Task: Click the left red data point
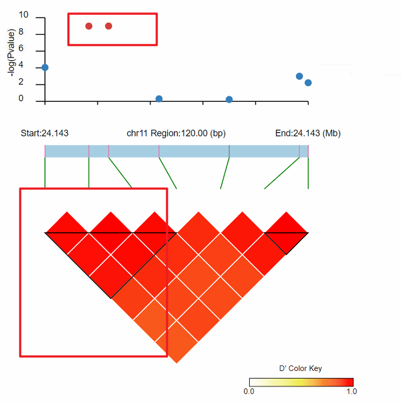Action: [89, 26]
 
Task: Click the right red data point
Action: [108, 26]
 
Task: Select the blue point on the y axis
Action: [45, 67]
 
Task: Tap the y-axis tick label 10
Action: [24, 18]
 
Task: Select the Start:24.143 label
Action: [44, 133]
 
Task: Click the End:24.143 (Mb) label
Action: [308, 133]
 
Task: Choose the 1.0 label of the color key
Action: [351, 390]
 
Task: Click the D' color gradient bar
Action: [301, 381]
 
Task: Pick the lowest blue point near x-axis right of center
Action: [229, 100]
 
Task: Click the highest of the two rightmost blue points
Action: [299, 76]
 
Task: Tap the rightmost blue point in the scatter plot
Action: [308, 83]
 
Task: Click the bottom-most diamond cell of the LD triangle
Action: [177, 342]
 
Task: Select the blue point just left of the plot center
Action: [159, 99]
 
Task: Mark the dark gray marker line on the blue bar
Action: [229, 151]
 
